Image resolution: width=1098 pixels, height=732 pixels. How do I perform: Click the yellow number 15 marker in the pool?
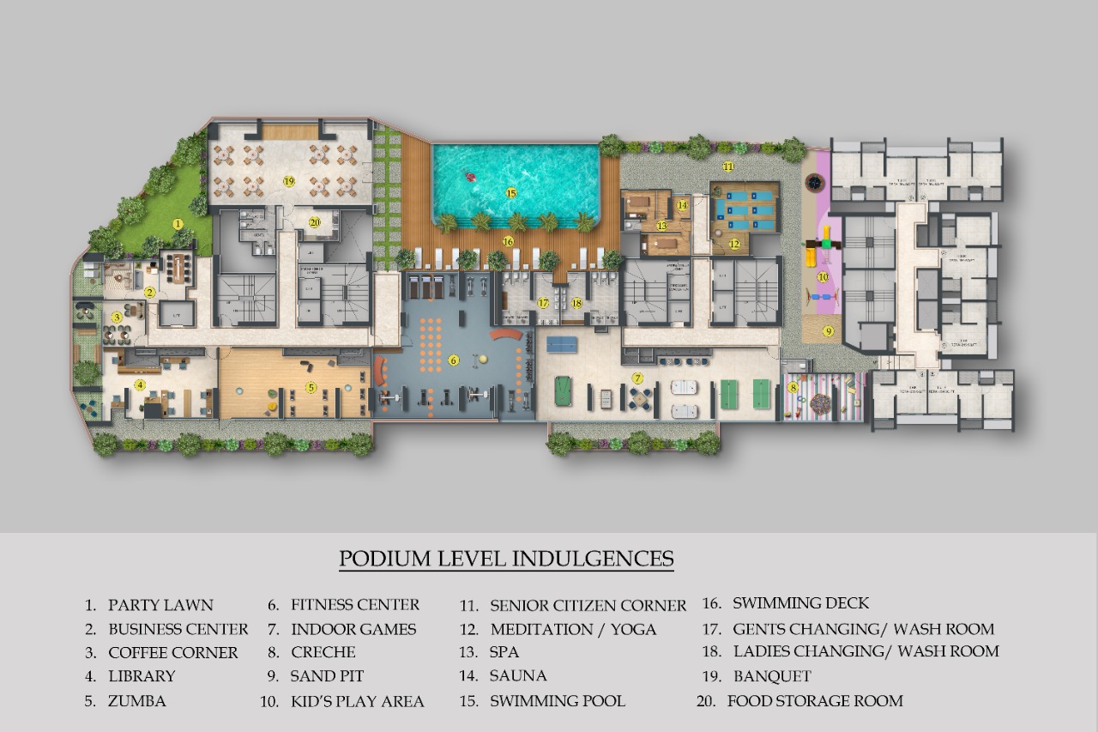coord(511,193)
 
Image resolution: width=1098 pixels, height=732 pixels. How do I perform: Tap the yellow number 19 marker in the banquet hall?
coord(289,181)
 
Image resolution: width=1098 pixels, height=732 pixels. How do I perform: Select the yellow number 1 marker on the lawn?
coord(178,224)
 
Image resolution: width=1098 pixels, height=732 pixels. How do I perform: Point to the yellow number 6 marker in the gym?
coord(454,360)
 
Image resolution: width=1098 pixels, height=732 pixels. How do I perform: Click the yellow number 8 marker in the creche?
coord(793,388)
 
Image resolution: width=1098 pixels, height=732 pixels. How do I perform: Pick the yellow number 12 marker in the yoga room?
coord(734,244)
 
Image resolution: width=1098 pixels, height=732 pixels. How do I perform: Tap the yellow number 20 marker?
coord(315,221)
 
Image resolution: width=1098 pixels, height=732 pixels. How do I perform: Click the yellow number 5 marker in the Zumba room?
coord(311,388)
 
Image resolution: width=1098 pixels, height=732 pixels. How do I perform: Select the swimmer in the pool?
coord(470,178)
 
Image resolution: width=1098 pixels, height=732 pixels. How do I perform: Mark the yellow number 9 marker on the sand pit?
coord(829,330)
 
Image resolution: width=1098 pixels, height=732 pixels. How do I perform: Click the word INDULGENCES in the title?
coord(593,559)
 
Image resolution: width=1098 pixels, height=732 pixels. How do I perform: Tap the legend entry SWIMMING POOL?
coord(557,701)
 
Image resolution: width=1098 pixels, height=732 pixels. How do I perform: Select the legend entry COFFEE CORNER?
coord(172,653)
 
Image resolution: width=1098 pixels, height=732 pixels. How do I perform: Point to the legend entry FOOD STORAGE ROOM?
coord(814,701)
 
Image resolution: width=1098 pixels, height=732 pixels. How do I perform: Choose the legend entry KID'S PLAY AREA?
coord(357,702)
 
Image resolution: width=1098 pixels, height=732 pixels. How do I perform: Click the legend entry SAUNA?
coord(518,676)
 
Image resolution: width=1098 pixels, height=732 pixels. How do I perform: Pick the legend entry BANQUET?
coord(772,676)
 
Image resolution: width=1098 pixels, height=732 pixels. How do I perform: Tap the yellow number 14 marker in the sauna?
coord(682,205)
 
